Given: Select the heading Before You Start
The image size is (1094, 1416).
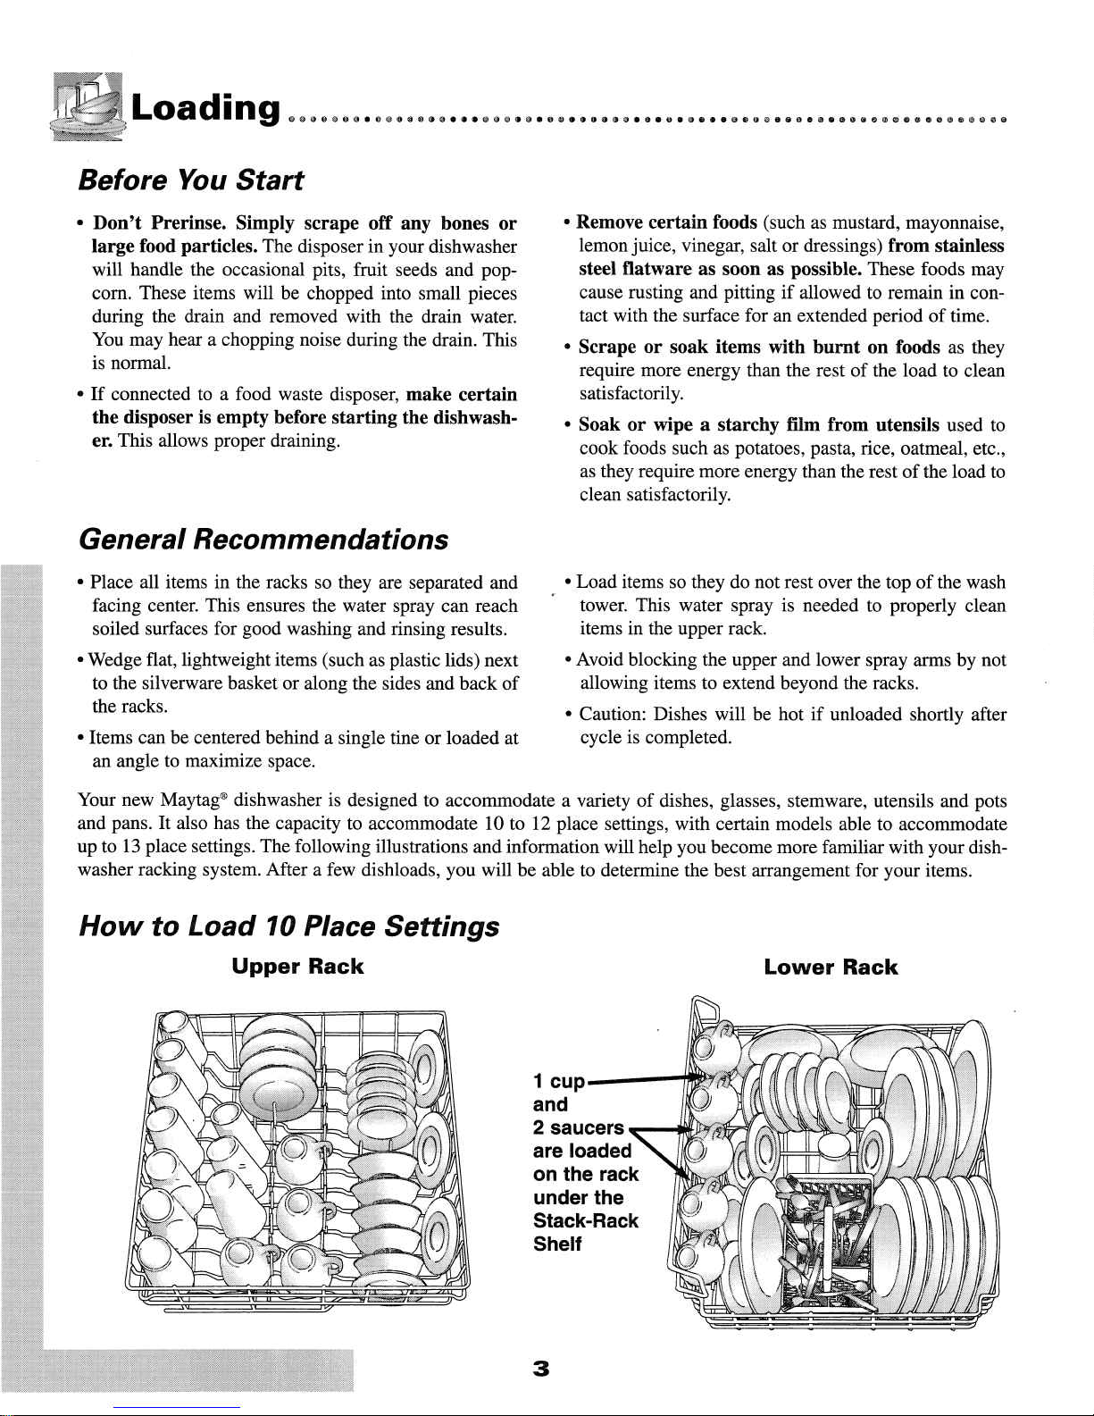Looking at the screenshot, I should coord(190,180).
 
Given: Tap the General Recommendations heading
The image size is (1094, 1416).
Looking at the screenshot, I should coord(263,540).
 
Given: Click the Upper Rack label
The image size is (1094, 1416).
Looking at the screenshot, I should coord(297,967).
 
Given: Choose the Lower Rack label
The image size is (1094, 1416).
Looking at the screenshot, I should coord(831,967).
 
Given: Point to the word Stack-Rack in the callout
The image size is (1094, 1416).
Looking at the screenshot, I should coord(585,1221).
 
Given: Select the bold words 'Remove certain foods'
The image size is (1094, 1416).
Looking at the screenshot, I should coord(667,222).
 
